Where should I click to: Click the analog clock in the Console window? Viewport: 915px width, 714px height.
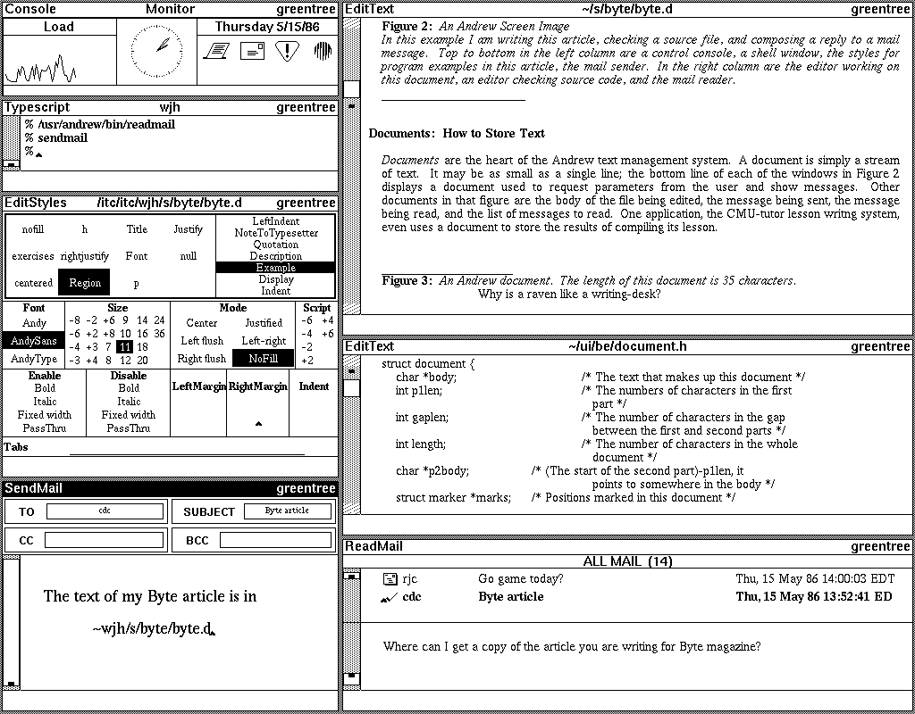[162, 49]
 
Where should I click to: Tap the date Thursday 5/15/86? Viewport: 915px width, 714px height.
[267, 27]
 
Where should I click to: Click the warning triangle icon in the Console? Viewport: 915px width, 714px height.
[286, 51]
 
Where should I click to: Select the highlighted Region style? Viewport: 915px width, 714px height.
[85, 283]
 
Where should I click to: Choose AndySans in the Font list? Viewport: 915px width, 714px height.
[34, 341]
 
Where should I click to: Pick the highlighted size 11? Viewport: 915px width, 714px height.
[124, 346]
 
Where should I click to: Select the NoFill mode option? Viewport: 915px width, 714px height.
[264, 359]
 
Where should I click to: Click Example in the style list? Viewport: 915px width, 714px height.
[275, 268]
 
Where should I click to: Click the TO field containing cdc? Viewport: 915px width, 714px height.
[105, 511]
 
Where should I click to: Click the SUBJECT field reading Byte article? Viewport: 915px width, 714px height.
[287, 511]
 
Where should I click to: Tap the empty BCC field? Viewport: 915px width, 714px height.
[275, 540]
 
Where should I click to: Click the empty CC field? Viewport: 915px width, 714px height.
[105, 540]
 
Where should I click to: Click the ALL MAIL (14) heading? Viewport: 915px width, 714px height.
[627, 561]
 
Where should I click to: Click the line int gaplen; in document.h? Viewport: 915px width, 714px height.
[422, 417]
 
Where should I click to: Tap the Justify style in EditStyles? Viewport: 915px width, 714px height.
[188, 229]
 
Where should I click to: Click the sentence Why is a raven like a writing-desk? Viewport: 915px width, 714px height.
[569, 294]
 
